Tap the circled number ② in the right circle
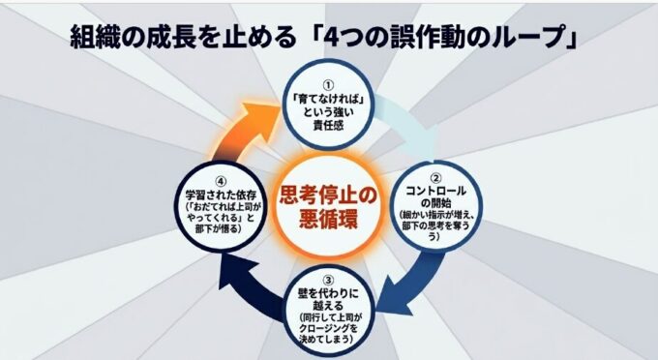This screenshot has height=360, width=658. (436, 178)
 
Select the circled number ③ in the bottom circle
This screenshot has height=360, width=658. (329, 280)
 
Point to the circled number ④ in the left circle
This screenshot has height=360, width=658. (221, 182)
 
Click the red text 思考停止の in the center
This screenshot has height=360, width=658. (329, 196)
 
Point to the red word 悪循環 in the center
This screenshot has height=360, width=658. (329, 219)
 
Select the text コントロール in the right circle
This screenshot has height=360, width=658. (436, 192)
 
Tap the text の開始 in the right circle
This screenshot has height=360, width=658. (436, 203)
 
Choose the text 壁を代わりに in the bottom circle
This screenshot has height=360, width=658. (329, 293)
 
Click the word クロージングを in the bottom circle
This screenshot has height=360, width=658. (329, 328)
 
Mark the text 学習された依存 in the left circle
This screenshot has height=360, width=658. (221, 195)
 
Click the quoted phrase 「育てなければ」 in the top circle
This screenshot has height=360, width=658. (328, 100)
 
